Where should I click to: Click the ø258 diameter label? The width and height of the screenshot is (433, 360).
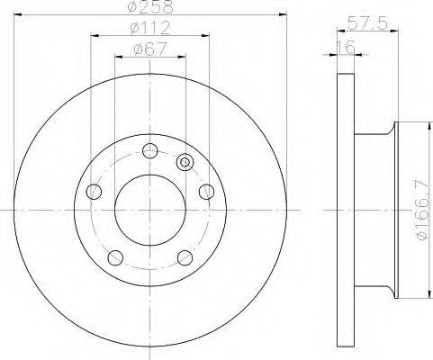tap(150, 6)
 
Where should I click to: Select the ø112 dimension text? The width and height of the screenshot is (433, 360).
tap(150, 28)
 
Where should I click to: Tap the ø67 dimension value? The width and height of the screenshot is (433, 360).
tap(150, 49)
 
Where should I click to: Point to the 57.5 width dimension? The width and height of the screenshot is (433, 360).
tap(367, 23)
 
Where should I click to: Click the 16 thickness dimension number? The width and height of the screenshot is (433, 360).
tap(346, 47)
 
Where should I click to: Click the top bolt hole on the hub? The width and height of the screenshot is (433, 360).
tap(149, 150)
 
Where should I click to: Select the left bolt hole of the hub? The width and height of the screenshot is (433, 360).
tap(94, 192)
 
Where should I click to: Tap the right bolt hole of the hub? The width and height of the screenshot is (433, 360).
tap(207, 192)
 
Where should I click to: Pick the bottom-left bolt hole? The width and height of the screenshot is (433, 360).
tap(115, 257)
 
